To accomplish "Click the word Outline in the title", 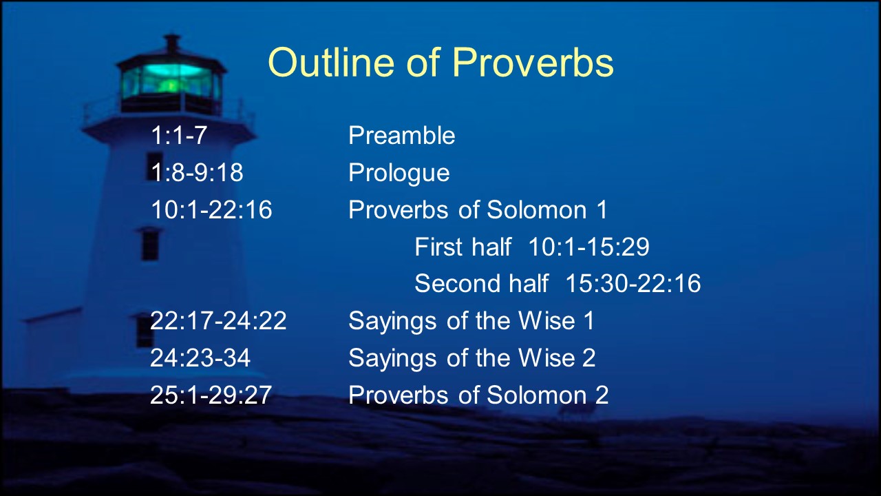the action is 331,62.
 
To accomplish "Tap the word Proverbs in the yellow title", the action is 533,62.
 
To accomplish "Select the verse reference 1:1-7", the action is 179,135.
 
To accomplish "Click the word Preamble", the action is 401,135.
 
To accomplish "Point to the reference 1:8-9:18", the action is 197,172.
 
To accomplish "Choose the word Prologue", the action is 399,173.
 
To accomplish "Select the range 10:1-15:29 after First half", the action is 588,247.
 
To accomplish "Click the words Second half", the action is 481,283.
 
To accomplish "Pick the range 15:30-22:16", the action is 633,283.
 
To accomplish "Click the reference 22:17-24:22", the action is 218,320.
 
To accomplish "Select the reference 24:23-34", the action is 200,358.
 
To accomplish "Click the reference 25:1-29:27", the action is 211,395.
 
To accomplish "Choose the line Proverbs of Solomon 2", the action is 478,395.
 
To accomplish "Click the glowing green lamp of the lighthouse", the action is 171,81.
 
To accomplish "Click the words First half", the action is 463,247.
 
